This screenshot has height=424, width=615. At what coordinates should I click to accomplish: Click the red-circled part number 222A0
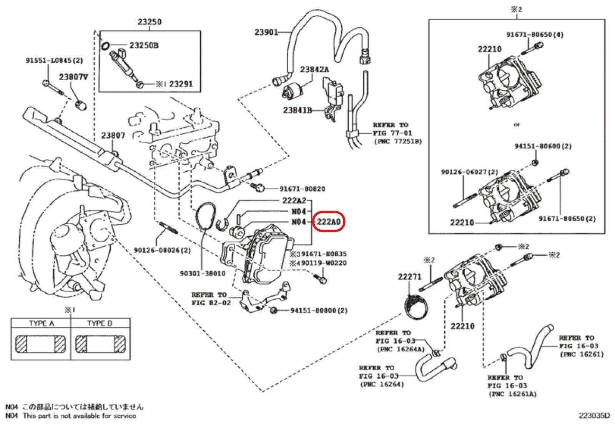(329, 222)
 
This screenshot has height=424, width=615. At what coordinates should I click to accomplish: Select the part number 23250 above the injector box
(150, 22)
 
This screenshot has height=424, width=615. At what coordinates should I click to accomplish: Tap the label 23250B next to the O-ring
(143, 45)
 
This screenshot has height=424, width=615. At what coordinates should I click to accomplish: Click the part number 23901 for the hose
(266, 32)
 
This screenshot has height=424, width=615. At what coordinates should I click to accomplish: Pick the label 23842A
(315, 70)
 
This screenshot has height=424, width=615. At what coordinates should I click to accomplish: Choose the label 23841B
(297, 110)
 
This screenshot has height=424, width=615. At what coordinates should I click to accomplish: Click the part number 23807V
(73, 77)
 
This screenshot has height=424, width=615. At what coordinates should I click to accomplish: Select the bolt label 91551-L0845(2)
(54, 60)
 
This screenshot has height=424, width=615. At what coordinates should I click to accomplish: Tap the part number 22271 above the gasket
(410, 276)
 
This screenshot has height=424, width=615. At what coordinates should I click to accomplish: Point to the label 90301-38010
(203, 273)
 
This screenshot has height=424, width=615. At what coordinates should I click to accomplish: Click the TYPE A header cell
(42, 323)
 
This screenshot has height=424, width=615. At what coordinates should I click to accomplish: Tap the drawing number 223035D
(595, 416)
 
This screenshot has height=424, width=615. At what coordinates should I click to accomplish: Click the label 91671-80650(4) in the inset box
(535, 35)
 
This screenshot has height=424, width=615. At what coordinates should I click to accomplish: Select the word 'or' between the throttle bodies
(517, 124)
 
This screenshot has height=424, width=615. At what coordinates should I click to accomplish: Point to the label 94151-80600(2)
(543, 146)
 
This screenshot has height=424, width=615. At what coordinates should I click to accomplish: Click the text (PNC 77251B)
(397, 141)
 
